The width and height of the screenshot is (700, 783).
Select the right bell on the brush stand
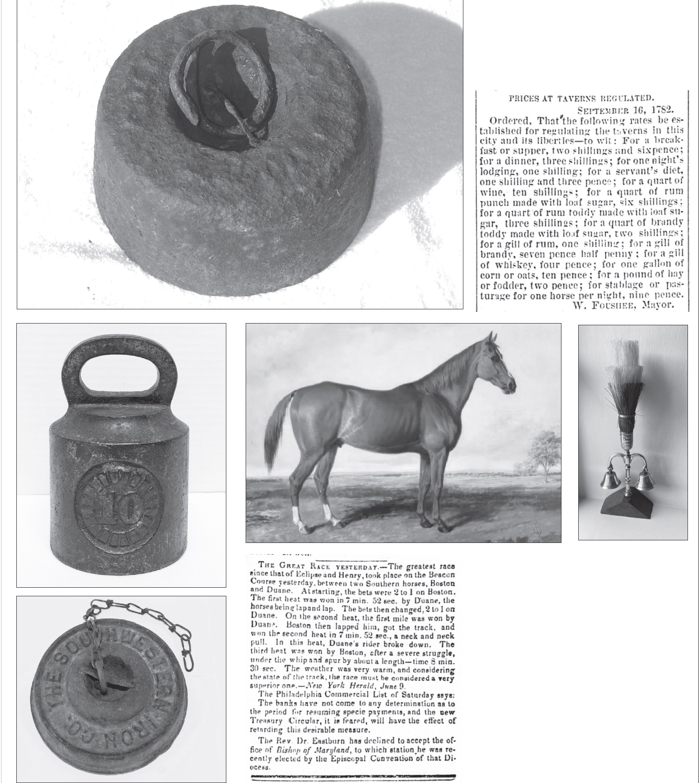(644, 479)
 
